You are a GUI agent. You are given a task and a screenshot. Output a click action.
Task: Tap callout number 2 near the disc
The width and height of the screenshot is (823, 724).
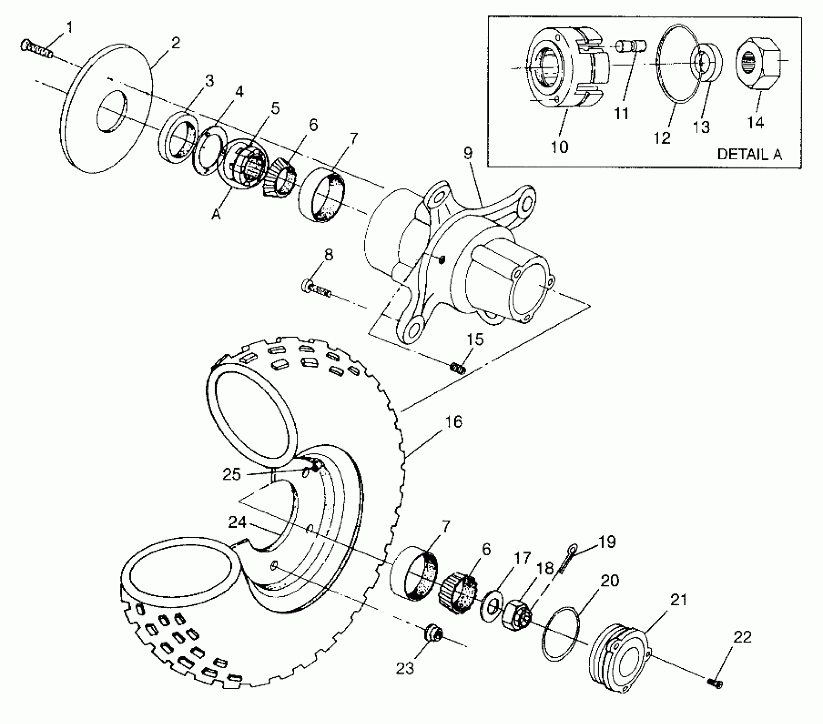coord(175,43)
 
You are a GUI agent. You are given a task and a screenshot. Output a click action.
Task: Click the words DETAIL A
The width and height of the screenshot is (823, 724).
coord(749,154)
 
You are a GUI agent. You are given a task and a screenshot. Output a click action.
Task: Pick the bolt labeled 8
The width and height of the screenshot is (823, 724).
coord(317,288)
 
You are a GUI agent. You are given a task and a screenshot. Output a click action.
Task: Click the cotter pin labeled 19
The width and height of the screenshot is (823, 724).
coord(568,558)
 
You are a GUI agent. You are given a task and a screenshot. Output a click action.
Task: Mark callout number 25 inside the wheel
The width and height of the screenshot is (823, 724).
coord(232,474)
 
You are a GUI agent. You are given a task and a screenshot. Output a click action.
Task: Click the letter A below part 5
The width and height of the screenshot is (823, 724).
coord(216,215)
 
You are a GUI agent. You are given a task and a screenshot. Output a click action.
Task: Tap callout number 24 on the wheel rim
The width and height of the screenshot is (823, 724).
coord(237,522)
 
